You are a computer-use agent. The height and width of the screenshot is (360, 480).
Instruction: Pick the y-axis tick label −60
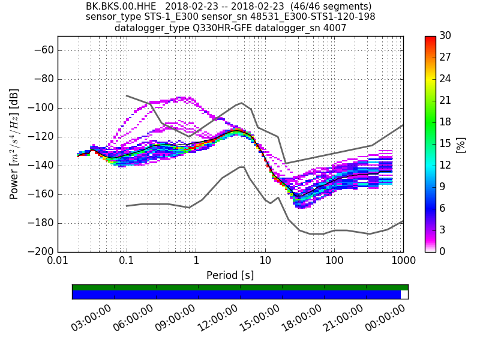43,50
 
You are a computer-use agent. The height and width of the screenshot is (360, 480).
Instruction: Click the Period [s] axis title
230,275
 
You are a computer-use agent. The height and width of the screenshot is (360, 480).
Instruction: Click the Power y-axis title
14,144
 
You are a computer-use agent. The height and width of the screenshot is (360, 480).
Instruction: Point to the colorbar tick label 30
445,36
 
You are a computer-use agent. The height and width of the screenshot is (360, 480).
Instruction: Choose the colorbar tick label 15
445,144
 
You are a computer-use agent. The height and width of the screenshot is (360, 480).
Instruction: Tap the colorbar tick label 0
442,251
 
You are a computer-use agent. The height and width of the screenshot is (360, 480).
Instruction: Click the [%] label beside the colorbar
461,144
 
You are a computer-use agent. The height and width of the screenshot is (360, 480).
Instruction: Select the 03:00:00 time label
91,318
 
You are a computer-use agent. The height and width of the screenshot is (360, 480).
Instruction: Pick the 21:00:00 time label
344,318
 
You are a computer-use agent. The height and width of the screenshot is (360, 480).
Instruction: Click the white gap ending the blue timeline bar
404,295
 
